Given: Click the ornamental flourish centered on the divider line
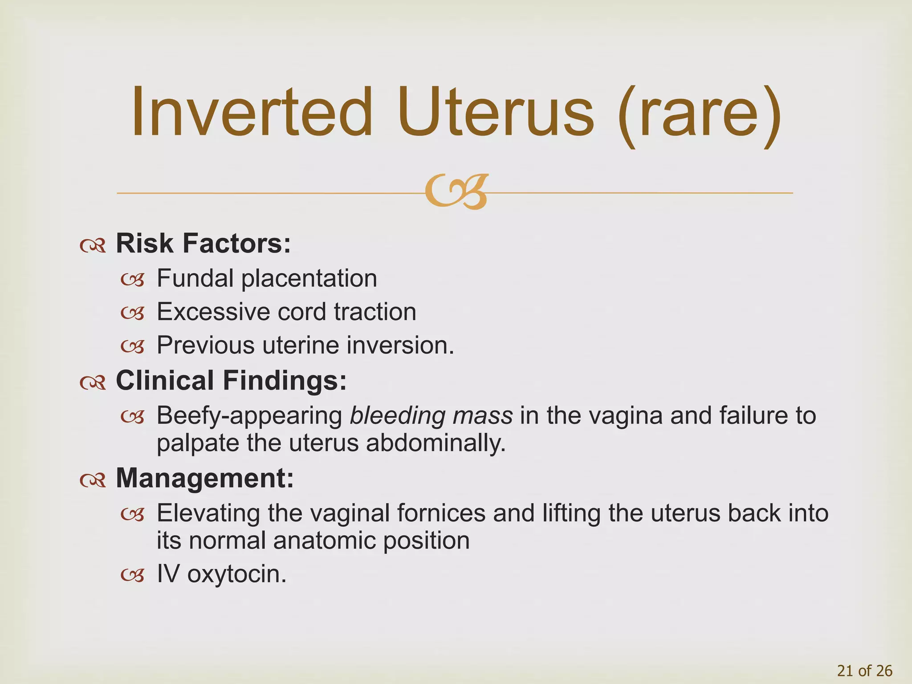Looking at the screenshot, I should click(x=456, y=192).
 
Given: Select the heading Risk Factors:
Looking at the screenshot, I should click(x=203, y=244).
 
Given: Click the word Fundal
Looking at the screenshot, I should click(x=195, y=278).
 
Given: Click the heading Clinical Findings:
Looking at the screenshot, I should click(x=231, y=381).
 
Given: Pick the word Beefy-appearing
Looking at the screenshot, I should click(x=249, y=416).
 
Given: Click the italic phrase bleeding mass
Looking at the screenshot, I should click(x=431, y=415).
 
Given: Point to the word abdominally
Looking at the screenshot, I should click(x=436, y=443).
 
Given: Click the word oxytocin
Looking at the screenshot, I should click(x=236, y=574).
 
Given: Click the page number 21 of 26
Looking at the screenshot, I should click(x=865, y=671).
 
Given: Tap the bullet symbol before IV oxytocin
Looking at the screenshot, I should click(x=133, y=575).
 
